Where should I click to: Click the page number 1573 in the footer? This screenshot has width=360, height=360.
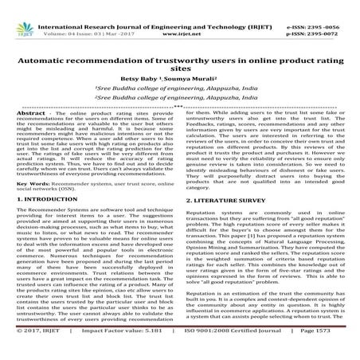pos(337,350)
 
